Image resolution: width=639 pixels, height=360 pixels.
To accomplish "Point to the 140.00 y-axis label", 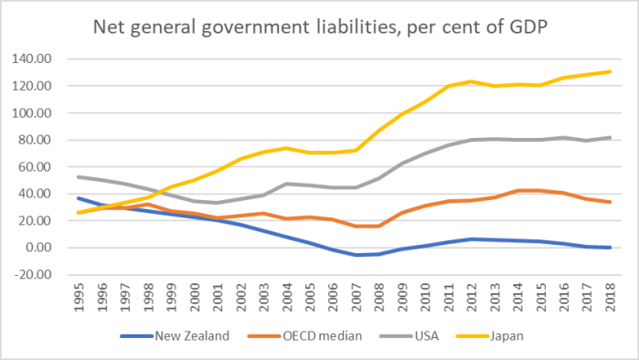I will [35, 59].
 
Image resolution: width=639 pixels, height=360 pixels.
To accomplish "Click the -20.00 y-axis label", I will [35, 274].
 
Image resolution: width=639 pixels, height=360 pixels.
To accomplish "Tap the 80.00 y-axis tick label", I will [37, 140].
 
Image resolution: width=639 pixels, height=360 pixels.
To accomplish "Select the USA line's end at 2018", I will [610, 138].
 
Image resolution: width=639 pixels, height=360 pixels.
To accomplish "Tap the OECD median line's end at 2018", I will [610, 202].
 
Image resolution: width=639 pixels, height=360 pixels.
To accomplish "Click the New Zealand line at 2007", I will [357, 255].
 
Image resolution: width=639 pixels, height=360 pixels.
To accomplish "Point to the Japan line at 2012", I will [472, 81].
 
